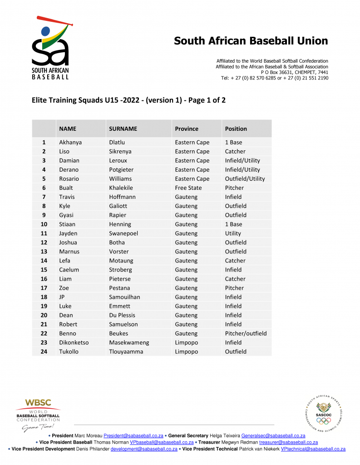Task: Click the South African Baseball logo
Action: coord(50,48)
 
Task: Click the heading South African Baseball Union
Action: coord(251,41)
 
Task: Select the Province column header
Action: coord(187,129)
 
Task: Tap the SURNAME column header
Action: coord(123,129)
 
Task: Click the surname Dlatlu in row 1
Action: coord(117,142)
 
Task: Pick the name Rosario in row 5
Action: coord(69,178)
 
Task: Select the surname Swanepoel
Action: coord(123,233)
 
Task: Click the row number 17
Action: coord(44,288)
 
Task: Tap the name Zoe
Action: coord(64,288)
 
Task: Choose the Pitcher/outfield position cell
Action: coord(246,333)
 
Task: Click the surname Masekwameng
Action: coord(129,342)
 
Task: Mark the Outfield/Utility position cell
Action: coord(245,178)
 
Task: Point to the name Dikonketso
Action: coord(74,342)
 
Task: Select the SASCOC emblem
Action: coord(324,413)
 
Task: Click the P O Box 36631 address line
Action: coord(294,72)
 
